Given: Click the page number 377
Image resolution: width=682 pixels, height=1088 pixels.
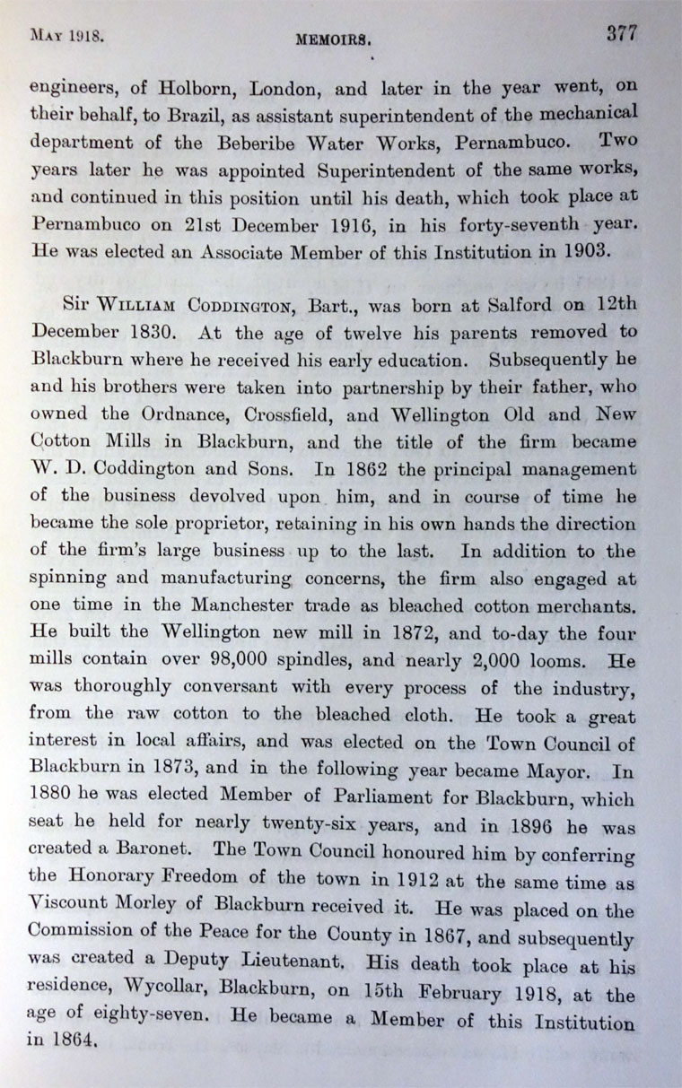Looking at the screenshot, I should [621, 33].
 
